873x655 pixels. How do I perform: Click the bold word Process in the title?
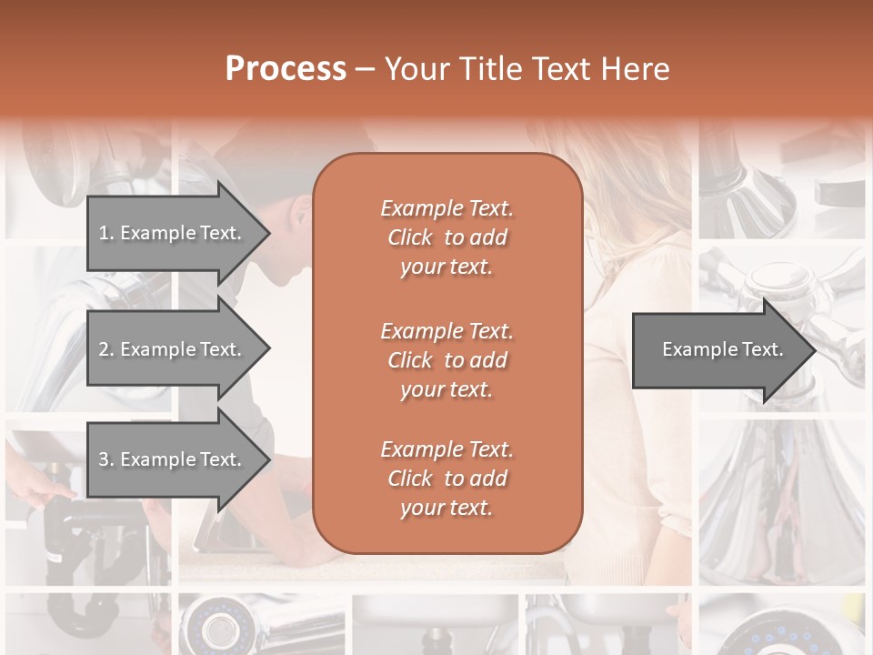pyautogui.click(x=286, y=69)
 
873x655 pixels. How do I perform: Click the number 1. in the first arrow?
pyautogui.click(x=106, y=233)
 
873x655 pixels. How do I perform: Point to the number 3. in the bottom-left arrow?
pyautogui.click(x=106, y=459)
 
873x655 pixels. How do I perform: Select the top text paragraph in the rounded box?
pyautogui.click(x=447, y=237)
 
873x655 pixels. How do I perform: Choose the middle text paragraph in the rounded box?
pyautogui.click(x=447, y=360)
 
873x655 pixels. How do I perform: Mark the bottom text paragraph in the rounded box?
pyautogui.click(x=447, y=479)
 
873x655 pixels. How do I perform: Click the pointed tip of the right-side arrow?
pyautogui.click(x=814, y=350)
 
